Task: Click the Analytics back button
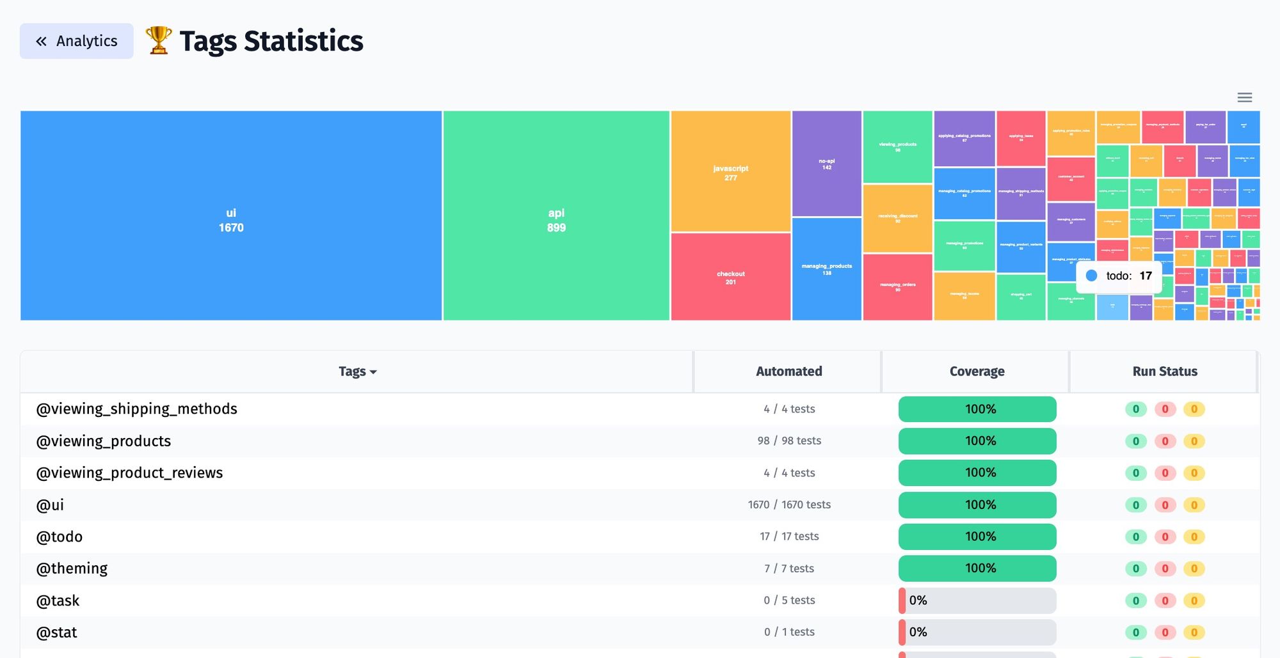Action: (x=76, y=41)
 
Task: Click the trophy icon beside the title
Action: (x=158, y=40)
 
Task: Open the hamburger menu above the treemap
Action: (x=1244, y=97)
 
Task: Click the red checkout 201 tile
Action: (x=730, y=277)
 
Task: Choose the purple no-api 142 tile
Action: (x=826, y=163)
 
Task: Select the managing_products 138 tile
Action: (x=826, y=269)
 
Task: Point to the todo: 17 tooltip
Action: (x=1119, y=276)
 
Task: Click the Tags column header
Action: (x=357, y=372)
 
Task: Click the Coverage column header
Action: (x=977, y=372)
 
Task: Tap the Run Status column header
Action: (x=1164, y=372)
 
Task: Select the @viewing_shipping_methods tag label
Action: (x=136, y=409)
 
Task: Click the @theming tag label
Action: (x=72, y=568)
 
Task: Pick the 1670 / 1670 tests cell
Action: (x=789, y=505)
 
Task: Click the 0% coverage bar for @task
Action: (x=977, y=600)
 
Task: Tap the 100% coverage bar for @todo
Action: (x=977, y=537)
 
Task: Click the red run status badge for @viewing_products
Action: (x=1165, y=441)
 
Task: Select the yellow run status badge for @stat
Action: (x=1194, y=632)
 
